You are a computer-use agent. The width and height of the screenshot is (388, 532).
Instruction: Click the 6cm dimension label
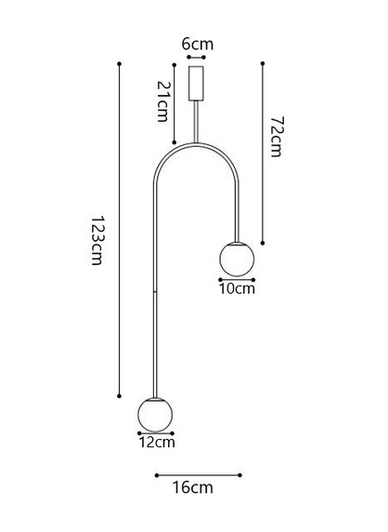click(198, 45)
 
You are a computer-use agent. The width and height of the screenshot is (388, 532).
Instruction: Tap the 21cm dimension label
click(162, 101)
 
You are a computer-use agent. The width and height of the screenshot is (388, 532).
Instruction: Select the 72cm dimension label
click(277, 137)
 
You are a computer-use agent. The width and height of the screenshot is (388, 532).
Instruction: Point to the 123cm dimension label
click(97, 240)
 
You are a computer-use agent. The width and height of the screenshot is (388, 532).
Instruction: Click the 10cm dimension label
click(237, 288)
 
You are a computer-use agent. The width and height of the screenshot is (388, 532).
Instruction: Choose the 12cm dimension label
click(157, 442)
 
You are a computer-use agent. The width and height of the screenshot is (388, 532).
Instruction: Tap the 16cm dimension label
click(193, 487)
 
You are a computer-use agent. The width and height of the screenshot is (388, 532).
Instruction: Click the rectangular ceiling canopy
click(196, 83)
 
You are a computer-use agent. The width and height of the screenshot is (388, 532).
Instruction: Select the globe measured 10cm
click(237, 259)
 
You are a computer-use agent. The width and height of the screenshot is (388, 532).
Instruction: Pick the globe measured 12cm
click(155, 414)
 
